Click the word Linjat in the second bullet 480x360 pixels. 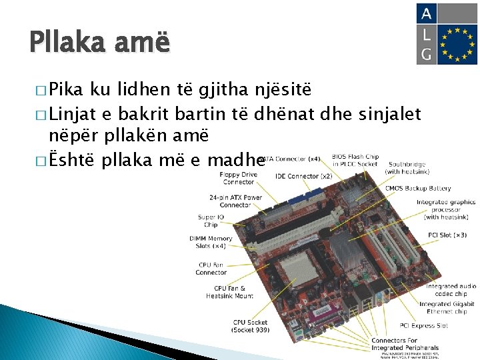(73, 115)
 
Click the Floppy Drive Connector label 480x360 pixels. (239, 178)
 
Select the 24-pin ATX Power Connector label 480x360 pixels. (235, 201)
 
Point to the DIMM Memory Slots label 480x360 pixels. (211, 242)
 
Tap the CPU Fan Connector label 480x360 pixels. (211, 268)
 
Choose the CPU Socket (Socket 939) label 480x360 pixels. (249, 326)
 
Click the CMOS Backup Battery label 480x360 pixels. (418, 188)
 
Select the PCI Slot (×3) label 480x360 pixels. (447, 235)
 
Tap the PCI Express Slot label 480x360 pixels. (423, 325)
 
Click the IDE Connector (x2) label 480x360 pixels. (303, 176)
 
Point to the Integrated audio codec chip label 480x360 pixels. (451, 289)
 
